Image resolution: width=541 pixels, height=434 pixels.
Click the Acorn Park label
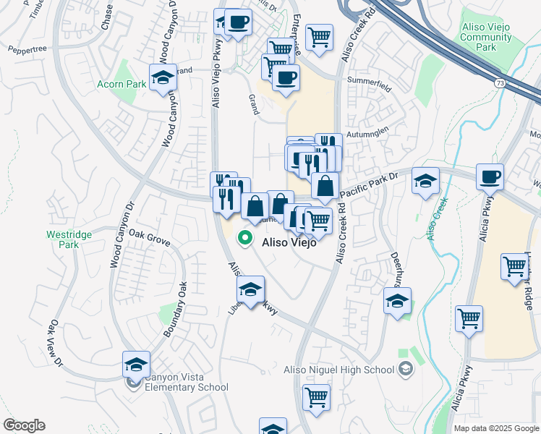point(122,84)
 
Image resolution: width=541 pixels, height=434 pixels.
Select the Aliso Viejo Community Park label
point(485,37)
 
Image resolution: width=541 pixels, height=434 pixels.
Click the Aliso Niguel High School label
point(338,370)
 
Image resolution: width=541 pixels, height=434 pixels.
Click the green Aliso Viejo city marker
point(246,237)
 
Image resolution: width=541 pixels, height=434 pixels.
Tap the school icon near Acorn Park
point(163,78)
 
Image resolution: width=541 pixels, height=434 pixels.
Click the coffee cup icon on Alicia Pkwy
point(490,177)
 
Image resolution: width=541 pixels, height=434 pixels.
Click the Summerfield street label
point(369,80)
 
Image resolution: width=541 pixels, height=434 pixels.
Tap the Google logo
point(24,425)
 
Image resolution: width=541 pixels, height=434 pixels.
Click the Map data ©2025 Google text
point(496,428)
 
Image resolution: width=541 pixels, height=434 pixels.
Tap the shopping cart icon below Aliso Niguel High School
point(316,397)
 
